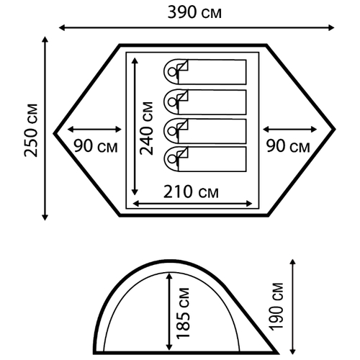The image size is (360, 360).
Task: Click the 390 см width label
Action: coord(194,12)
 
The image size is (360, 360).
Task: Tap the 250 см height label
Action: coord(31,130)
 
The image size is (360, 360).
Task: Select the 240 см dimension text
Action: coord(146,128)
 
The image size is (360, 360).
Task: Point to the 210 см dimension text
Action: coord(191,192)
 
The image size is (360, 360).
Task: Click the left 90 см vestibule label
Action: coord(96,146)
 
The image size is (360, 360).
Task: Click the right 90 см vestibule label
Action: coord(288,146)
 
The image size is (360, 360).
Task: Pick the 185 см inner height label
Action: coord(183,313)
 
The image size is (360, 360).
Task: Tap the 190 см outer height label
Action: coord(276,307)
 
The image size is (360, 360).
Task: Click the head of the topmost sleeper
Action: coord(172,72)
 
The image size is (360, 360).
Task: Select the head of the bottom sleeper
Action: coord(172,159)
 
